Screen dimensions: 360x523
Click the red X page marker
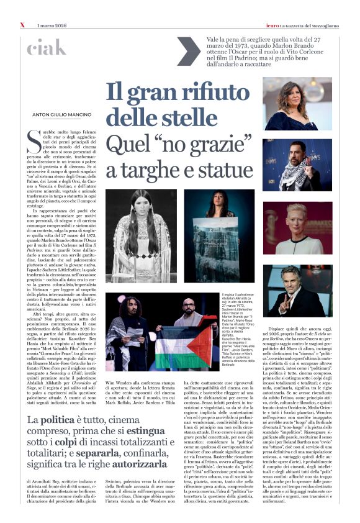click(x=22, y=25)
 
